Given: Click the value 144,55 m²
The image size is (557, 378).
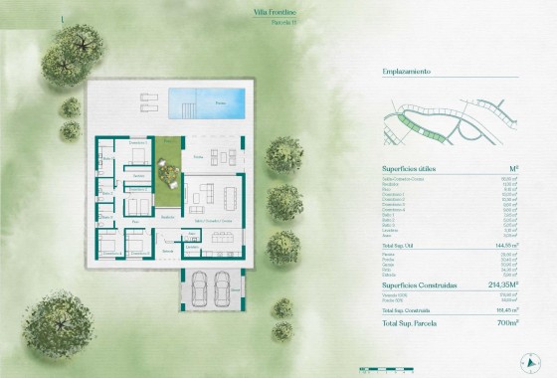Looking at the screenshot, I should (x=510, y=242).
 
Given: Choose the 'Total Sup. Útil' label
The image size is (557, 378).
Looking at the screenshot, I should (x=404, y=242).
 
